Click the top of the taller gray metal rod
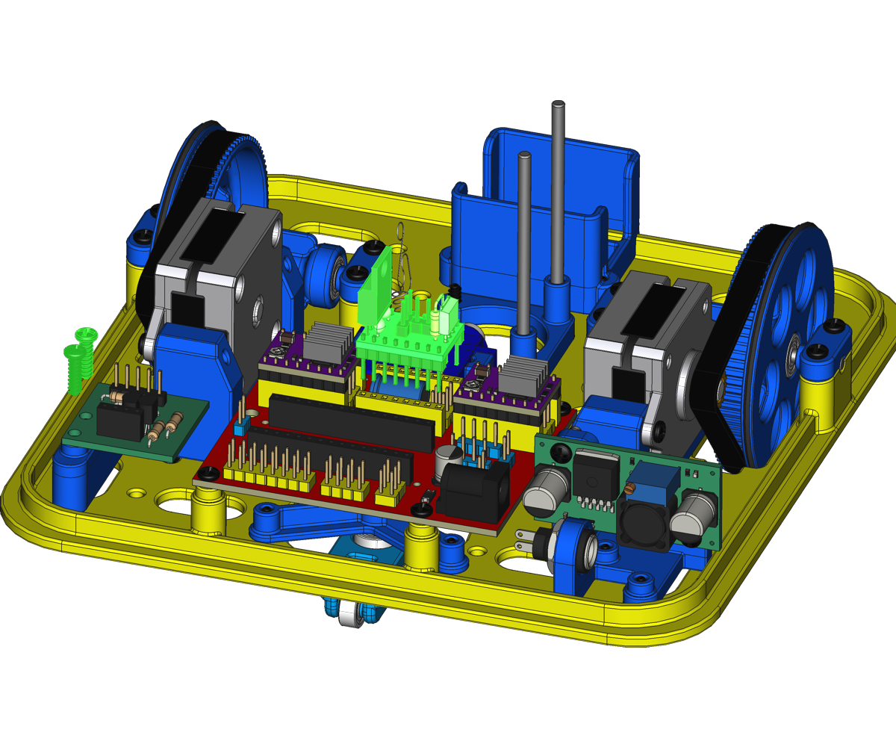click(x=558, y=106)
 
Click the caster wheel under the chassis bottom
click(x=349, y=617)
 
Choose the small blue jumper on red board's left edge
click(x=240, y=427)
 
